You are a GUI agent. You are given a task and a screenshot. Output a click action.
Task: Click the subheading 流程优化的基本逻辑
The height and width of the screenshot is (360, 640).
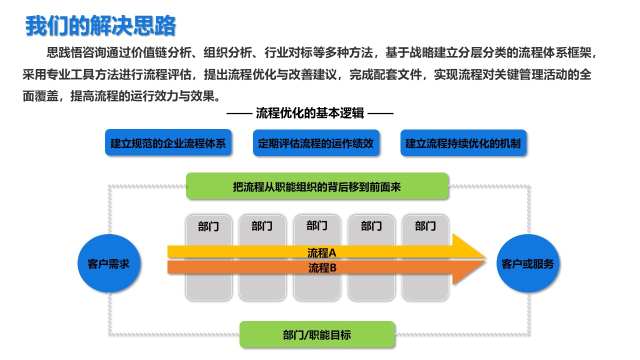pyautogui.click(x=309, y=113)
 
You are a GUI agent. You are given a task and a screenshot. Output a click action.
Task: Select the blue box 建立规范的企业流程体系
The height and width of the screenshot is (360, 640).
pyautogui.click(x=168, y=142)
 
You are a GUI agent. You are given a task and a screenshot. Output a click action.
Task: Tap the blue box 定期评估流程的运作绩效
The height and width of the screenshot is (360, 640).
pyautogui.click(x=316, y=143)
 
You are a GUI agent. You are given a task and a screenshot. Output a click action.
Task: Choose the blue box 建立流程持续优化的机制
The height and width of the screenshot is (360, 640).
pyautogui.click(x=463, y=143)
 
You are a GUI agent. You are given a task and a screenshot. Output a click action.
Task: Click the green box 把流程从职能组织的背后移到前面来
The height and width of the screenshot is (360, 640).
pyautogui.click(x=317, y=186)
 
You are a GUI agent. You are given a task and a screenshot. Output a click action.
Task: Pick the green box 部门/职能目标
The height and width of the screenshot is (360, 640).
pyautogui.click(x=317, y=334)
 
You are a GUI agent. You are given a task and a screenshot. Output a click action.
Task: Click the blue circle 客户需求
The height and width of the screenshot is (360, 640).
pyautogui.click(x=109, y=263)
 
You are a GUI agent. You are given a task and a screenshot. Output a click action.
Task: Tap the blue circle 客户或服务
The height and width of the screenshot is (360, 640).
pyautogui.click(x=527, y=263)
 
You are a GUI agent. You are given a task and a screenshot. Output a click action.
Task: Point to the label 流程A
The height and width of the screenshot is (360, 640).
pyautogui.click(x=321, y=252)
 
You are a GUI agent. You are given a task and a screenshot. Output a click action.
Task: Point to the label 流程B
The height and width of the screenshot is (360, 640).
pyautogui.click(x=322, y=267)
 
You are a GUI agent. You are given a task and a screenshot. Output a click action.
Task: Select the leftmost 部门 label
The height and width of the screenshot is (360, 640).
pyautogui.click(x=208, y=226)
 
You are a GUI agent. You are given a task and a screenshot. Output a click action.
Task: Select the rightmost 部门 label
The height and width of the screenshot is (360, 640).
pyautogui.click(x=425, y=226)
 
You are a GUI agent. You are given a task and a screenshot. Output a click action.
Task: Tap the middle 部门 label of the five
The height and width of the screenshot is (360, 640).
pyautogui.click(x=317, y=225)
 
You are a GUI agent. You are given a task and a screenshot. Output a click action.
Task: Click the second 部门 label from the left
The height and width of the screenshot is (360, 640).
pyautogui.click(x=261, y=226)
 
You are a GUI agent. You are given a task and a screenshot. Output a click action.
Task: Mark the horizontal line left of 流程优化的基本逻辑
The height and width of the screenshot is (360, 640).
pyautogui.click(x=239, y=113)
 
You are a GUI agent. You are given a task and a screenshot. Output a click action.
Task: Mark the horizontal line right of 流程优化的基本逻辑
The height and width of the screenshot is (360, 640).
pyautogui.click(x=380, y=113)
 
